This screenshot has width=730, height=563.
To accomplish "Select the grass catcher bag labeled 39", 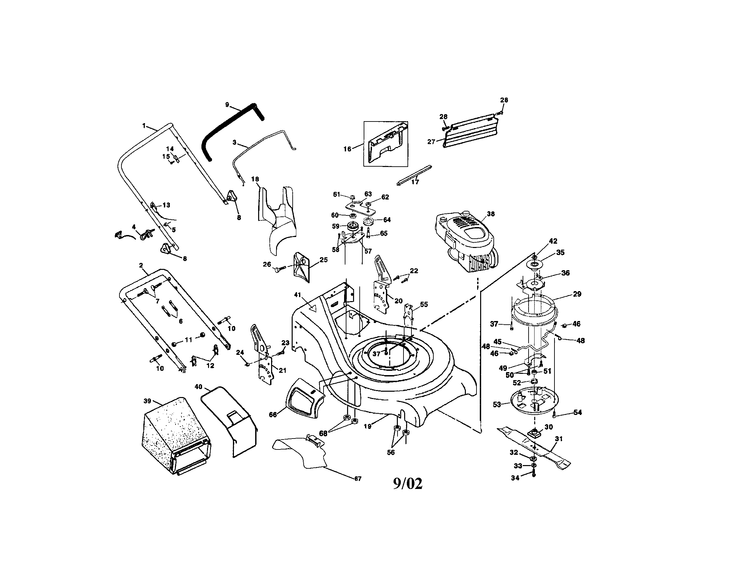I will coord(174,435).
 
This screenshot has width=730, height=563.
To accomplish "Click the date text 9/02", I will coord(407,483).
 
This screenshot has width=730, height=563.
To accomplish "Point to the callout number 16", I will coord(347,149).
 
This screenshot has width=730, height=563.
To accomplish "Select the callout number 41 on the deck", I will coord(298,295).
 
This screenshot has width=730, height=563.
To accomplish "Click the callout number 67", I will coord(358,479).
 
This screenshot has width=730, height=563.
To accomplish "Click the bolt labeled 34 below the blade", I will coord(534,473).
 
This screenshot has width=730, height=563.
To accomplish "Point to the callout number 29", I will coord(577,294).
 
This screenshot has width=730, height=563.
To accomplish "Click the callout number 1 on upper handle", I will coord(144,126).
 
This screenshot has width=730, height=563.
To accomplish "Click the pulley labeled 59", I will coord(352,227).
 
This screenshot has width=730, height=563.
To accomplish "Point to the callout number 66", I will coord(273,415).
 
